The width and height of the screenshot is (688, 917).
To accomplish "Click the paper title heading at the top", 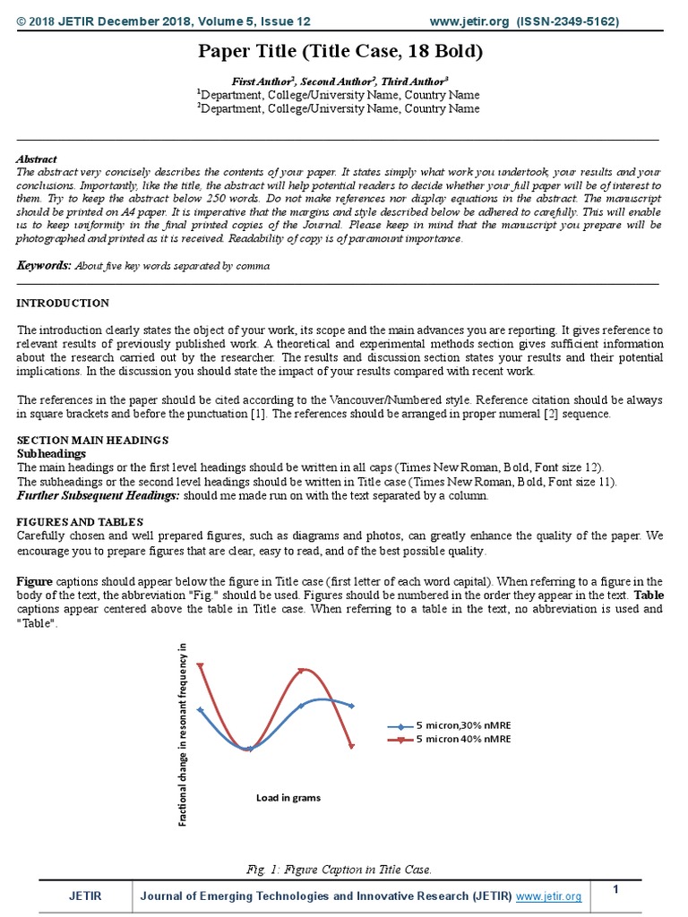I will tap(340, 52).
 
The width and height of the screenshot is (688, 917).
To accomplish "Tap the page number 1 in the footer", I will tap(616, 888).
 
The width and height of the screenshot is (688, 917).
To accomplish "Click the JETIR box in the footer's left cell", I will tap(85, 896).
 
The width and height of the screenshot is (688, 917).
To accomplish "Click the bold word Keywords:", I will tap(44, 266).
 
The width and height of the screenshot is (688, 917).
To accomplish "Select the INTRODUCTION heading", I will tap(63, 304).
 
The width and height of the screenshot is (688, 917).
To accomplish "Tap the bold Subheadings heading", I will tap(52, 454).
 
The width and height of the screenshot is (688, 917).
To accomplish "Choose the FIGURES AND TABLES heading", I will tap(80, 522).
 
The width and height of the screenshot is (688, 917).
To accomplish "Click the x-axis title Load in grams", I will tap(288, 797).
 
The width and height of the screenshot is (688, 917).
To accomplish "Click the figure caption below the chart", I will tap(339, 869).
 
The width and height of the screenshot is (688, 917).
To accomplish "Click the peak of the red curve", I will tap(304, 670).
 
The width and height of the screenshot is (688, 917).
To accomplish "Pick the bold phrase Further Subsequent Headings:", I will tap(99, 495).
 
